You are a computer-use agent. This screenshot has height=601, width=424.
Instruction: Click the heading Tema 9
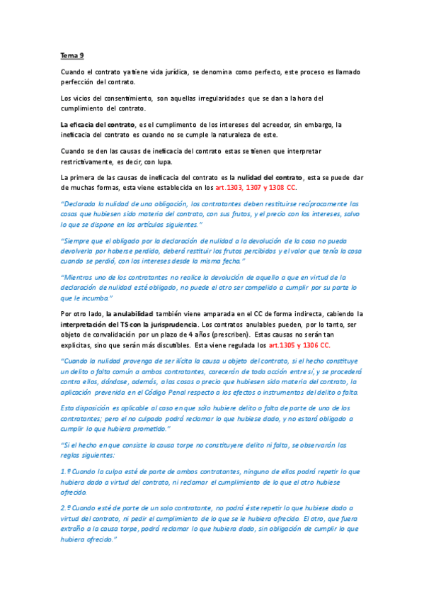tap(72, 55)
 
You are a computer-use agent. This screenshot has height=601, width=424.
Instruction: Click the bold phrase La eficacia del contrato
tap(93, 125)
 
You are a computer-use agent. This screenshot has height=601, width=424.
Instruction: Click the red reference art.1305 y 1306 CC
tap(299, 345)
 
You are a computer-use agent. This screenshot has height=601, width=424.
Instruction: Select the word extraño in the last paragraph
tap(76, 529)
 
